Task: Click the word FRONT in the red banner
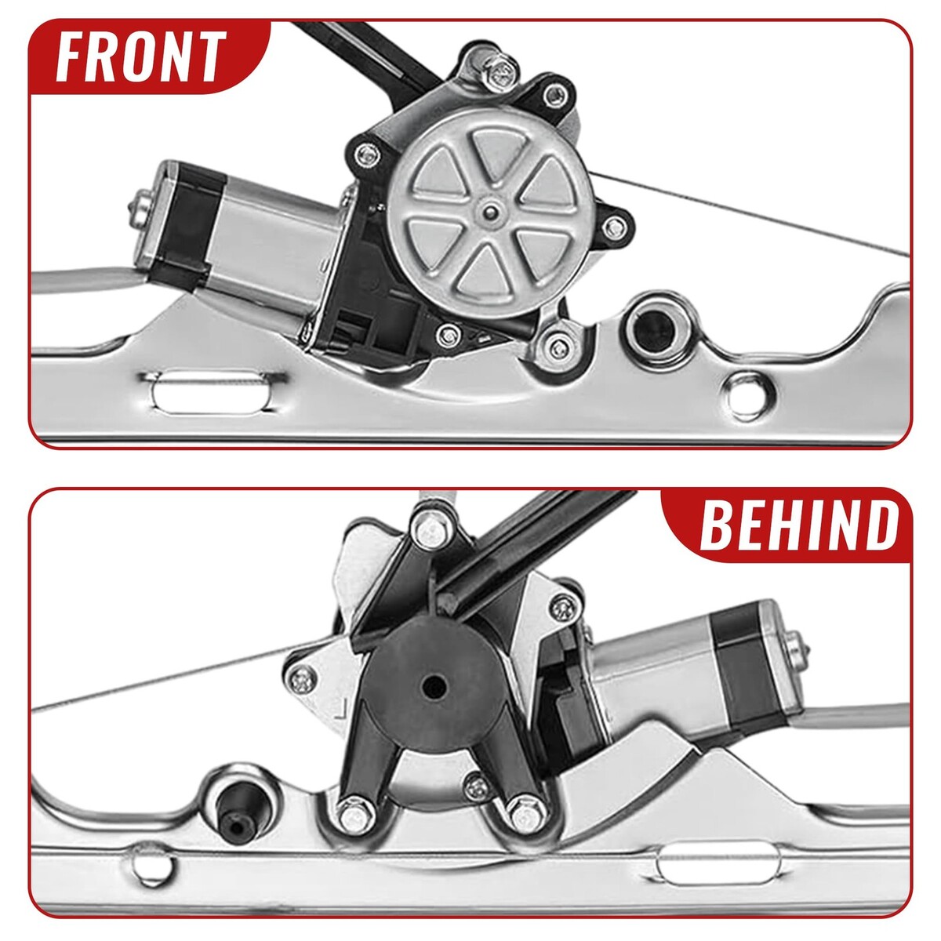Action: (x=141, y=56)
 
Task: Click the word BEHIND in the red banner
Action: (x=799, y=525)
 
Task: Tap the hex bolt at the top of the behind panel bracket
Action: (x=428, y=529)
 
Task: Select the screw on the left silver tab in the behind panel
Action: (x=303, y=680)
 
